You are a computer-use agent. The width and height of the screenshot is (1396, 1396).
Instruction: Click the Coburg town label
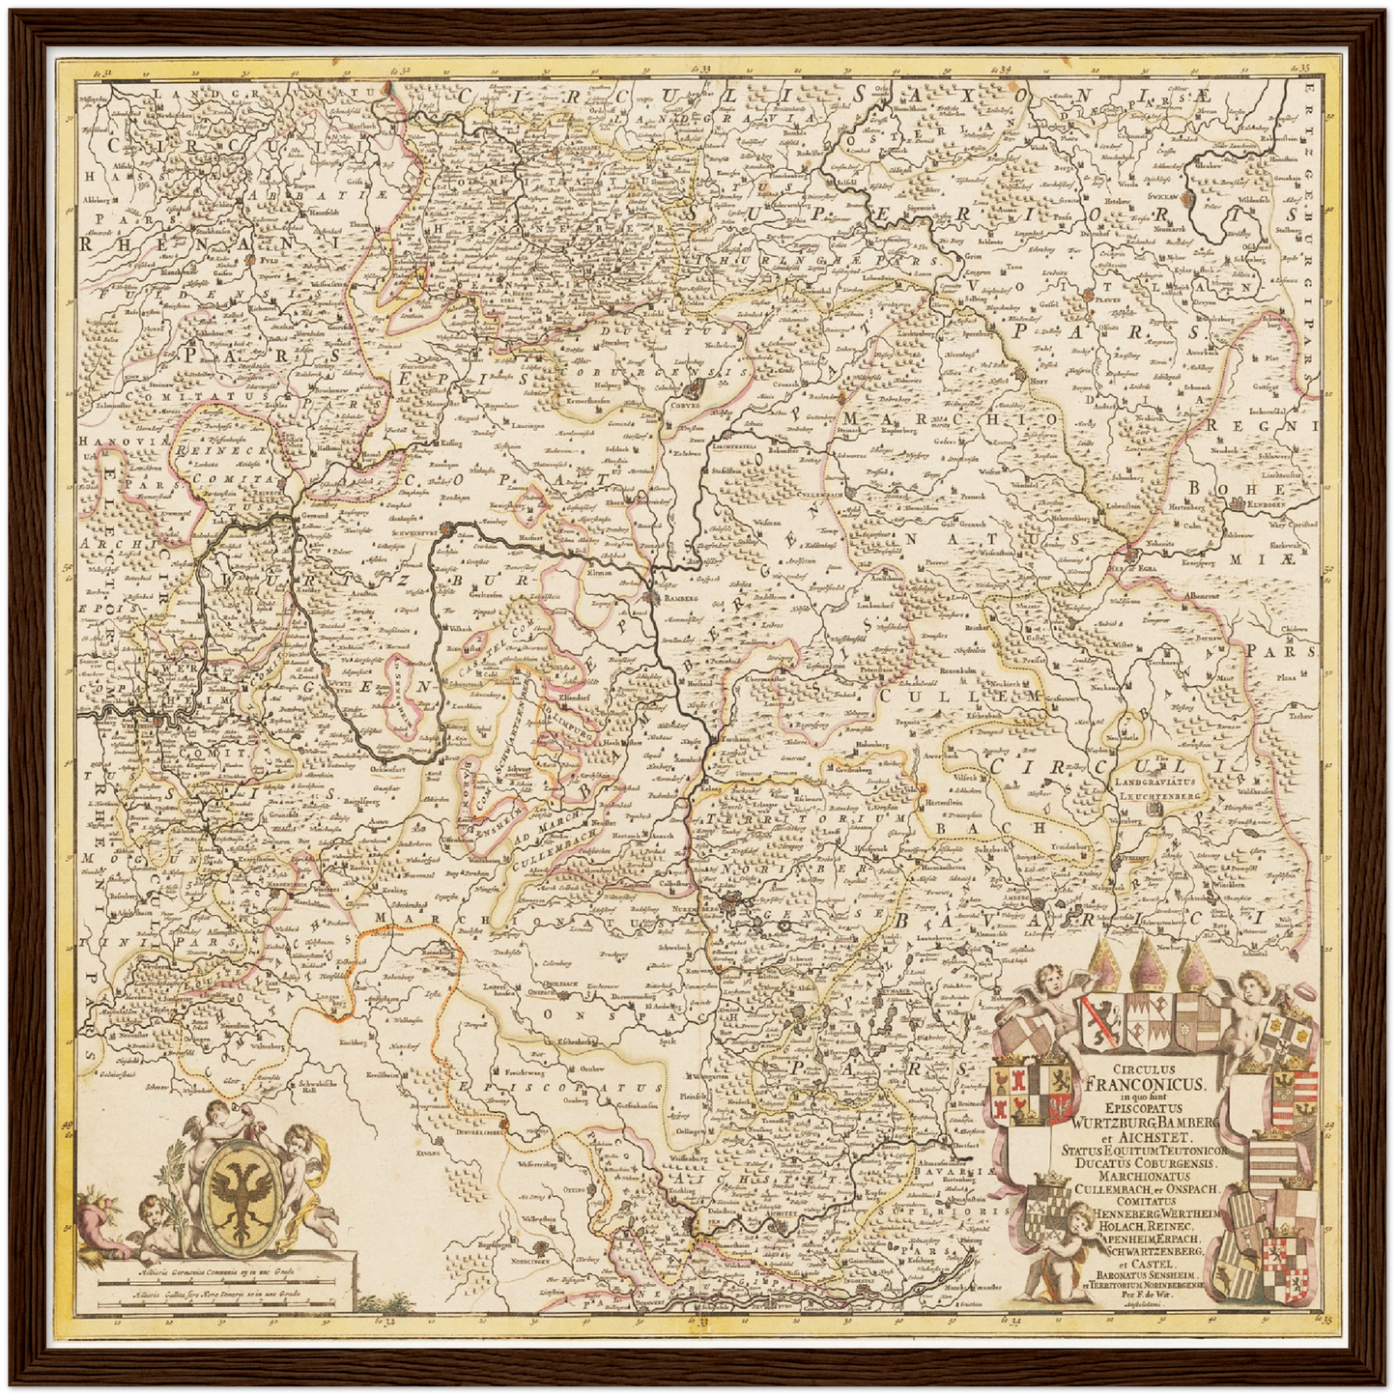pyautogui.click(x=680, y=406)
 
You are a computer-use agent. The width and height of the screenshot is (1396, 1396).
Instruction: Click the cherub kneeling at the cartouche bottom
pyautogui.click(x=1061, y=1256)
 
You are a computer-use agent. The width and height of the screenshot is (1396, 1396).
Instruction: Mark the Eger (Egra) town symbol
pyautogui.click(x=1128, y=555)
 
